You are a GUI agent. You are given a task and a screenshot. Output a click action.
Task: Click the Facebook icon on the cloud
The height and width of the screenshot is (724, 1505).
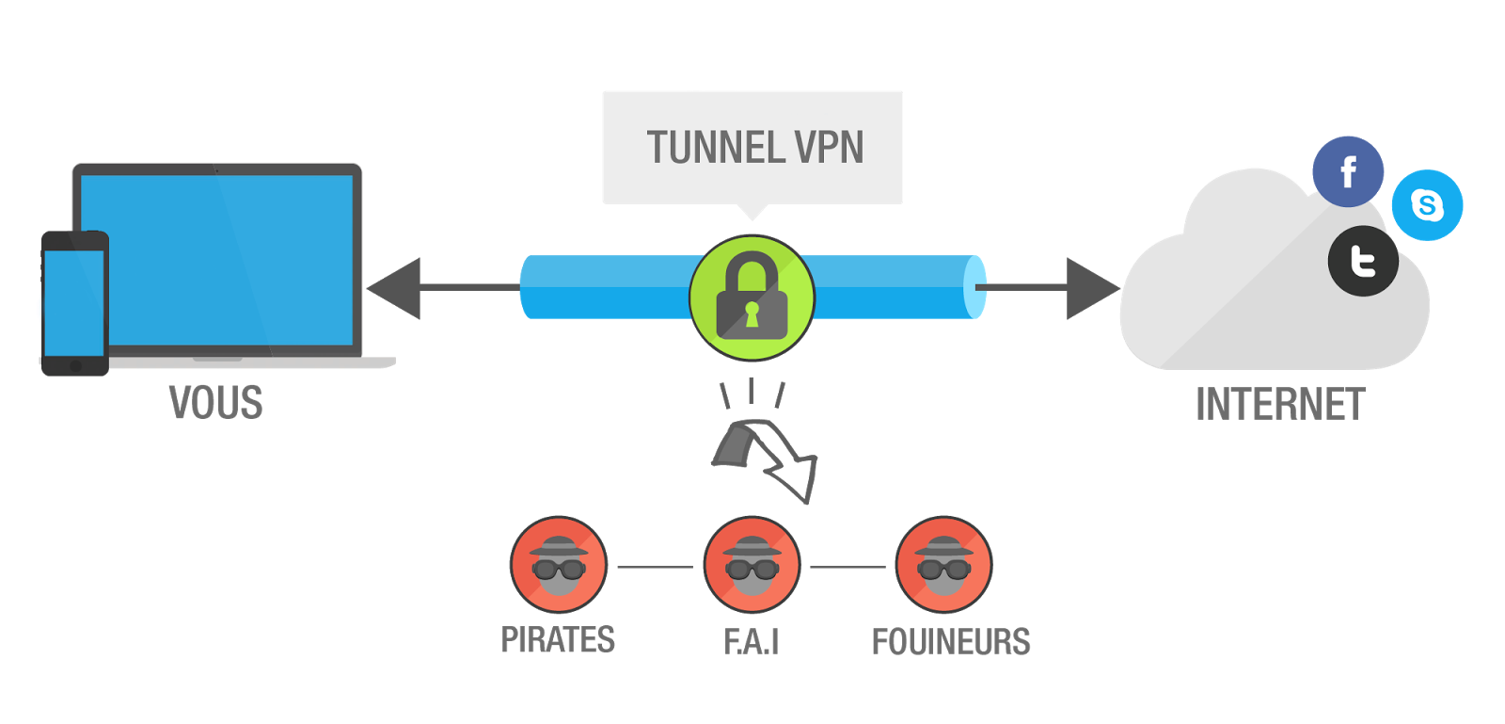pos(1348,172)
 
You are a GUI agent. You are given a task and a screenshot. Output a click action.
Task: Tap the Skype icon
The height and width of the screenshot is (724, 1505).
pos(1427,205)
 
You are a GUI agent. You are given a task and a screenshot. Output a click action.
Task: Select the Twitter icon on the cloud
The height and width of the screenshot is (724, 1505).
pos(1363,261)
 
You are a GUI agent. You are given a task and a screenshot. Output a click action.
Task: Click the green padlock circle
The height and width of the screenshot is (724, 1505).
pos(752,298)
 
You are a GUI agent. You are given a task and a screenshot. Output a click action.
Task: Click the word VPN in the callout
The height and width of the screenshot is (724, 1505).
pos(829,148)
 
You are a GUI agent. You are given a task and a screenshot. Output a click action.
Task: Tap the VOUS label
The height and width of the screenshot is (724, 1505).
pos(215,403)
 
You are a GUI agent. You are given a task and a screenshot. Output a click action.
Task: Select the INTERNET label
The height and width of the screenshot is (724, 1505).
pos(1279,405)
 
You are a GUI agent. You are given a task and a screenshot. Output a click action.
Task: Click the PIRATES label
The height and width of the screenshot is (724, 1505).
pos(558,640)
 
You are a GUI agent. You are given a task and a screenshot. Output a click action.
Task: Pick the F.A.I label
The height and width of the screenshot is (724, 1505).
pos(752,641)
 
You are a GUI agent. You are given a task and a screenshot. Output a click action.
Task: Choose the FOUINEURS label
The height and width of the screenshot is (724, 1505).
pos(951,642)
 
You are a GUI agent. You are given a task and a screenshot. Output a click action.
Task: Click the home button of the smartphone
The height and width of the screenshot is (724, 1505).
pos(75,365)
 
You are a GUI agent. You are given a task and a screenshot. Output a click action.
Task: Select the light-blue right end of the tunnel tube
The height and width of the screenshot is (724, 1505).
pos(974,287)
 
